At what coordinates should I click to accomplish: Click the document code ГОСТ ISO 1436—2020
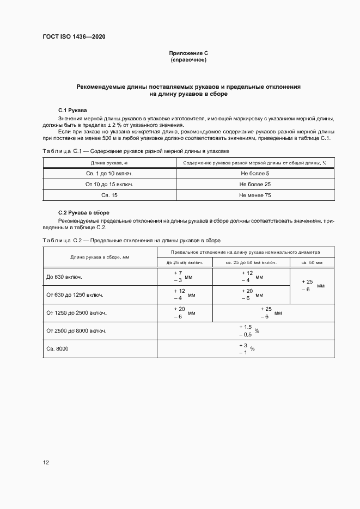[74, 36]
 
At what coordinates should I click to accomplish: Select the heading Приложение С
[188, 53]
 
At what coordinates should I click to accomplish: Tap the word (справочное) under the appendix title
[188, 60]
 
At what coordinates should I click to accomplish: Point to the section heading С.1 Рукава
[72, 110]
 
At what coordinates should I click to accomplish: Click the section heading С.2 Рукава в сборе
[84, 212]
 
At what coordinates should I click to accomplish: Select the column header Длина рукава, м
[109, 162]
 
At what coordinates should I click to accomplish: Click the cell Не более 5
[255, 174]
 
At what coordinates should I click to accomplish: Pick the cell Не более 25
[255, 185]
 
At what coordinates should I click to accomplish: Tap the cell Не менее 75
[255, 195]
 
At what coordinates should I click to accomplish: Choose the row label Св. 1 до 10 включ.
[109, 174]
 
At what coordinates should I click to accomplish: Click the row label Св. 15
[109, 195]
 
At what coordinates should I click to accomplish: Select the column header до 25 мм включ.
[185, 262]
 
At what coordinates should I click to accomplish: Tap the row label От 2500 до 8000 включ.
[76, 330]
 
